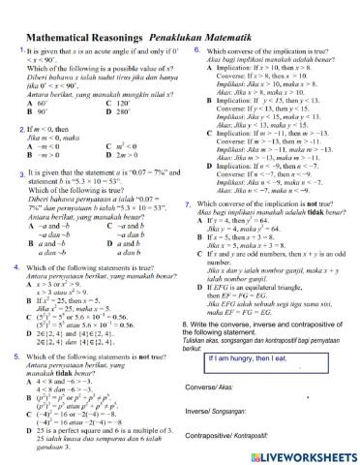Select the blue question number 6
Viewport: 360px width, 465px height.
click(197, 49)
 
